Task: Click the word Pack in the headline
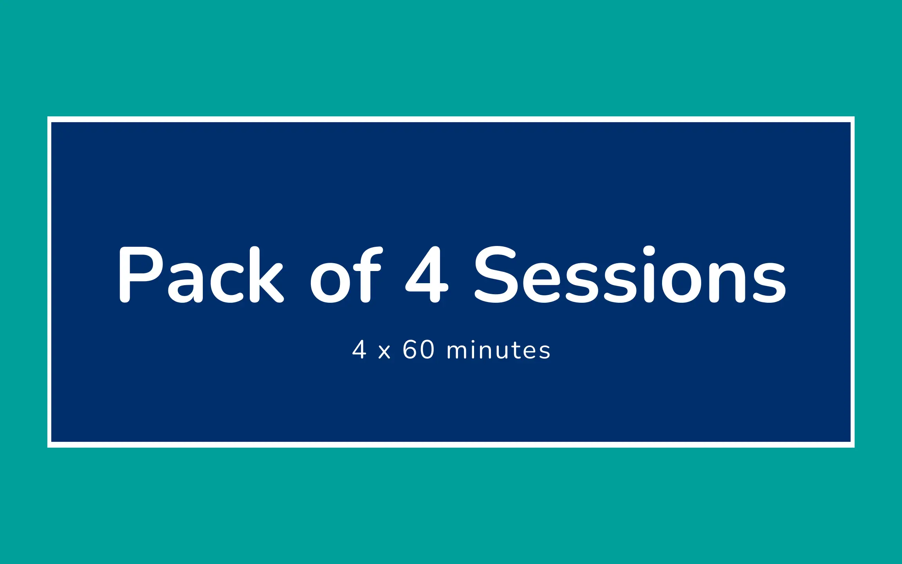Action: pos(201,274)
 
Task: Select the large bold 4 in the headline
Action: pos(427,274)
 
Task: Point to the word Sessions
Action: pos(630,274)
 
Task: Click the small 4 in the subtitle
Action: pos(359,349)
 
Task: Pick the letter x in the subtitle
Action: pos(384,352)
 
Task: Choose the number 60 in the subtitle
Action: pos(419,349)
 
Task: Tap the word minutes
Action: pos(498,349)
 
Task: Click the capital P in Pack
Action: pos(141,274)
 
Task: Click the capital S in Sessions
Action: pos(496,274)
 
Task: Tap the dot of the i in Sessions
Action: pos(649,251)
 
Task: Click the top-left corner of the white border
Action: pos(48,117)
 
